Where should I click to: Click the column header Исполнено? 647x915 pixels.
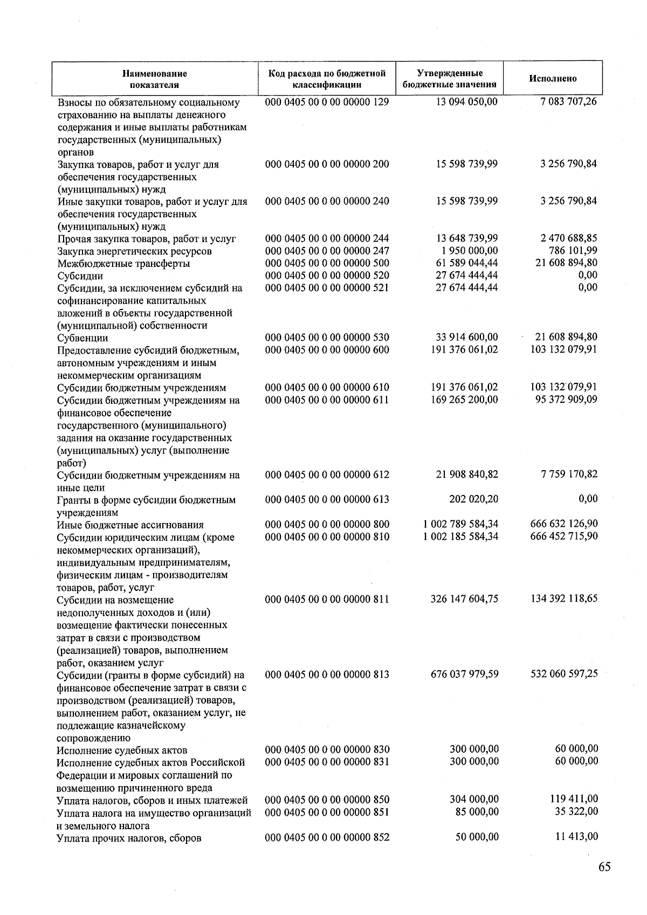pyautogui.click(x=553, y=79)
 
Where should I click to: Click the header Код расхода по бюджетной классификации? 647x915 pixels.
pyautogui.click(x=327, y=79)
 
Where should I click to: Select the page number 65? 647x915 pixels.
pyautogui.click(x=604, y=867)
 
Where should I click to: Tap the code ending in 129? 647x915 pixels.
pyautogui.click(x=327, y=102)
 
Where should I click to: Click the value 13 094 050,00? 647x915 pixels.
pyautogui.click(x=466, y=102)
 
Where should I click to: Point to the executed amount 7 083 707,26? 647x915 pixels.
pyautogui.click(x=568, y=102)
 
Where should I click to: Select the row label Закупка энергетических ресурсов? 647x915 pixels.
pyautogui.click(x=134, y=251)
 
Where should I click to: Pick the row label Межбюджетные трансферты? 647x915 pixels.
pyautogui.click(x=123, y=264)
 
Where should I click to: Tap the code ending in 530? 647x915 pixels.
pyautogui.click(x=327, y=338)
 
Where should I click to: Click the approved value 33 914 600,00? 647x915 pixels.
pyautogui.click(x=466, y=338)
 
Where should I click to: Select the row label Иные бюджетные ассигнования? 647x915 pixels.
pyautogui.click(x=130, y=525)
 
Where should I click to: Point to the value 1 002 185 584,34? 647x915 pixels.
pyautogui.click(x=460, y=536)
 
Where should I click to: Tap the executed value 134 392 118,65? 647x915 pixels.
pyautogui.click(x=564, y=598)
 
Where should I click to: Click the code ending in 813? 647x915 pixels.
pyautogui.click(x=327, y=674)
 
